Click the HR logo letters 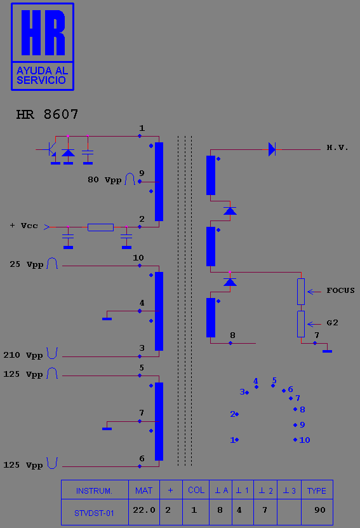(43, 32)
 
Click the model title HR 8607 (47, 114)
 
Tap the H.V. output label (337, 147)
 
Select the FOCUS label (340, 290)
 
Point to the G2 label (332, 323)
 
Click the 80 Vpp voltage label (104, 180)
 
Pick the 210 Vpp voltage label (23, 355)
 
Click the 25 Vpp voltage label (27, 264)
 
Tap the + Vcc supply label (24, 226)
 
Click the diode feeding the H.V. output (272, 149)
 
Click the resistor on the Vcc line (100, 227)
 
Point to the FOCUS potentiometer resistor (301, 292)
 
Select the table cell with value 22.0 (144, 510)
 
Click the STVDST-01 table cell (95, 512)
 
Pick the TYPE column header (317, 491)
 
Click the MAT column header (144, 491)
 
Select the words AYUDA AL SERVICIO (42, 76)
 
